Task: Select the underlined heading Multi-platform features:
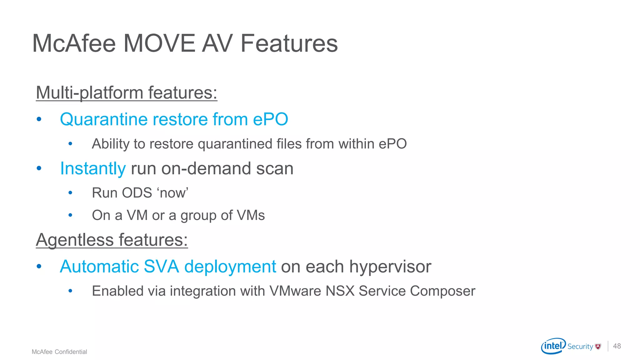pyautogui.click(x=127, y=93)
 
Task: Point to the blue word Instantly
pyautogui.click(x=93, y=168)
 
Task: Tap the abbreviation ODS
pyautogui.click(x=137, y=193)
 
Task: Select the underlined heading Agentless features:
pyautogui.click(x=112, y=240)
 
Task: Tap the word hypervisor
pyautogui.click(x=390, y=267)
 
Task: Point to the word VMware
pyautogui.click(x=295, y=291)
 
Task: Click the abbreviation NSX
pyautogui.click(x=340, y=291)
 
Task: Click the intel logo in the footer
pyautogui.click(x=553, y=346)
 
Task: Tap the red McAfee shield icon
pyautogui.click(x=598, y=346)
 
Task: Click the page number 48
pyautogui.click(x=617, y=346)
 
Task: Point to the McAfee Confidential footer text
pyautogui.click(x=59, y=352)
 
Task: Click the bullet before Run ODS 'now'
pyautogui.click(x=70, y=193)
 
